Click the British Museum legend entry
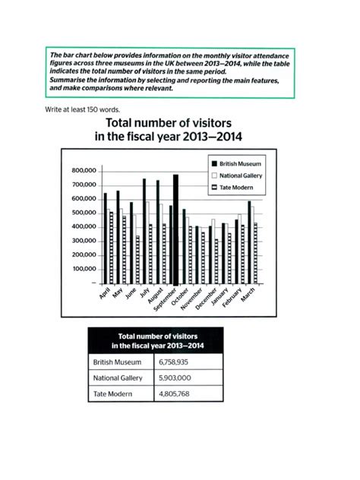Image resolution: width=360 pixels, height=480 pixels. coord(238,163)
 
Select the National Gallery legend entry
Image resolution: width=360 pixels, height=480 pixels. coord(238,175)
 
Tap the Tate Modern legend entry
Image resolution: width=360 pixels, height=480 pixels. coord(234,187)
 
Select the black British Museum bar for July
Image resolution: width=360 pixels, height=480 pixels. coord(144,231)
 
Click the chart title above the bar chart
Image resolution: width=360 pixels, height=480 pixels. coord(179,130)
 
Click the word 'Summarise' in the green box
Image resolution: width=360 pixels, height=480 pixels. coord(67,80)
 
